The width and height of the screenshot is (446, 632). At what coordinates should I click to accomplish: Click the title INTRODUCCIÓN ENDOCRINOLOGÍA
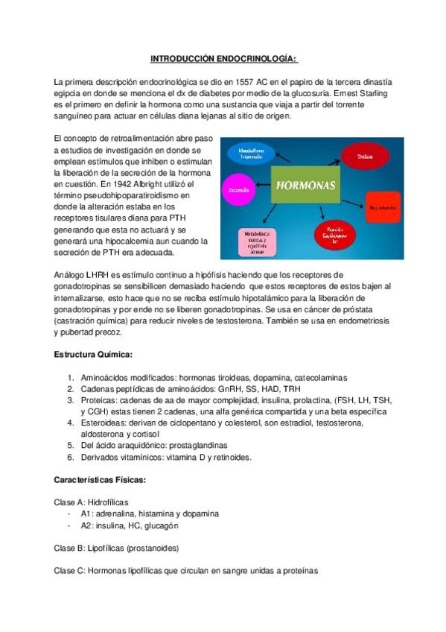click(x=223, y=57)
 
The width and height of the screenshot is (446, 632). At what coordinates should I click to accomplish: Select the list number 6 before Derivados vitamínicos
click(x=71, y=458)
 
